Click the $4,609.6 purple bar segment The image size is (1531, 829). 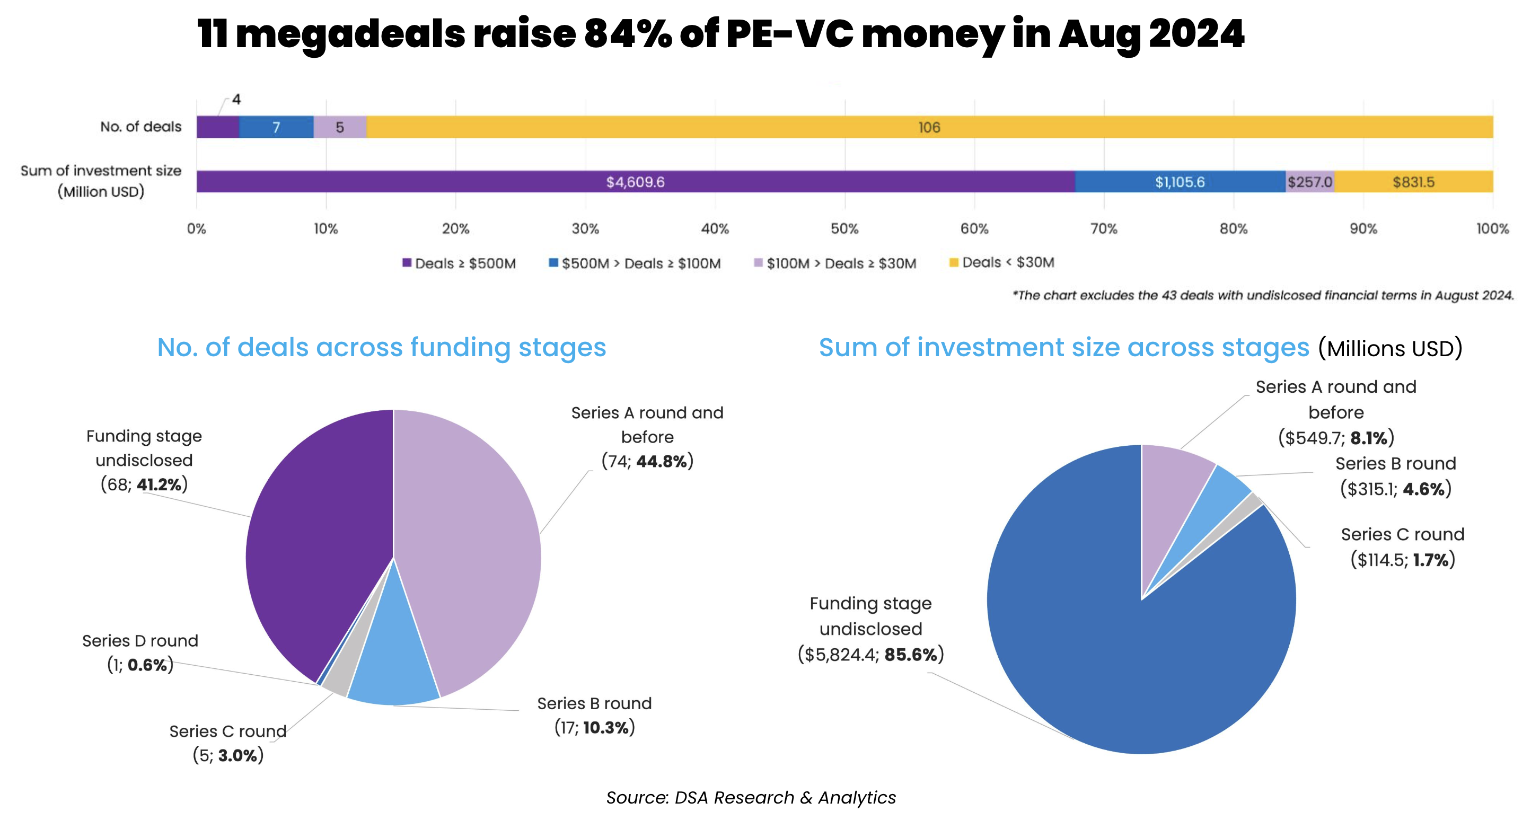coord(635,182)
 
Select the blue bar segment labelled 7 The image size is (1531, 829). coord(276,127)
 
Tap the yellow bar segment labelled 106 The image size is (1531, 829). coord(929,127)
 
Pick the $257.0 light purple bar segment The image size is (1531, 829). coord(1310,182)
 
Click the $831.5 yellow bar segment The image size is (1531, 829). coord(1413,182)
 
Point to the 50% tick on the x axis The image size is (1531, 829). coord(844,229)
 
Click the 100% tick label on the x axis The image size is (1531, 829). coord(1492,229)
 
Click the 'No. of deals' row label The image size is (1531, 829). coord(140,127)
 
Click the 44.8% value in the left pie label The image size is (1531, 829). coord(662,461)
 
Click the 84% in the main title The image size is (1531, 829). coord(627,34)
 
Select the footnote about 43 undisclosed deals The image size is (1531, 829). coord(1263,295)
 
